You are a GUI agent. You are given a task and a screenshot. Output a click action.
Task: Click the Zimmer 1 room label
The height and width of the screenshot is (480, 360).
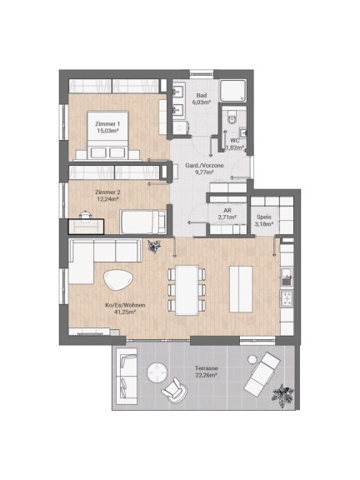[x=107, y=124]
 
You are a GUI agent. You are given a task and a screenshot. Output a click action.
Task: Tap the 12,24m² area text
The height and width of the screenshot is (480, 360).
[x=107, y=199]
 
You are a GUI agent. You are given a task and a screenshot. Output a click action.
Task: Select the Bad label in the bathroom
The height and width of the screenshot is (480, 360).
[x=202, y=96]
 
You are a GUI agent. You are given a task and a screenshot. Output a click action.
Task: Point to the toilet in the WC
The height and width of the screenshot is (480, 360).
[x=232, y=117]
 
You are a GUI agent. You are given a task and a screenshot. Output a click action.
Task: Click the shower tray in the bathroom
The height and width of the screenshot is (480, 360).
[x=233, y=91]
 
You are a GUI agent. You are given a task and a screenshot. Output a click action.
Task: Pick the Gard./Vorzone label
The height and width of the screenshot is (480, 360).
[x=204, y=165]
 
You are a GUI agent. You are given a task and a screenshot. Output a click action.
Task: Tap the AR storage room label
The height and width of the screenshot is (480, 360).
[x=227, y=211]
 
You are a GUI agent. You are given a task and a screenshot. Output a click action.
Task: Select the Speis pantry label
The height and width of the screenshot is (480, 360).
[x=264, y=217]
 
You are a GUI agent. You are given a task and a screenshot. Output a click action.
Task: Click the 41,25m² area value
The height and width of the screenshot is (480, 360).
[x=125, y=312]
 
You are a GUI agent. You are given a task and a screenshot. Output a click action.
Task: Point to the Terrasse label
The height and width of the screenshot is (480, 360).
[x=207, y=368]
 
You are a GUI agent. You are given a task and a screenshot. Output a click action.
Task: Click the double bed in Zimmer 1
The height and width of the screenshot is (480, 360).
[x=107, y=135]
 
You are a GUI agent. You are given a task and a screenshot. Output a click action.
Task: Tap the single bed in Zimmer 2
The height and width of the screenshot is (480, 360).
[x=142, y=222]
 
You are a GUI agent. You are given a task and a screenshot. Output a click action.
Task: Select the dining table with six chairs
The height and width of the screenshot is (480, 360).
[x=187, y=290]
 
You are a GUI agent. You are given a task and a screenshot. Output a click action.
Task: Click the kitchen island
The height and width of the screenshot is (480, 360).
[x=241, y=289]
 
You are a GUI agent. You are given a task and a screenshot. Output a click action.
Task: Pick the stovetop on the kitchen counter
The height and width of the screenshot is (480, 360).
[x=287, y=298]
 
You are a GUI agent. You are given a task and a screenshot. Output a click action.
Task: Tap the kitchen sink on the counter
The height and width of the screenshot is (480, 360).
[x=287, y=277]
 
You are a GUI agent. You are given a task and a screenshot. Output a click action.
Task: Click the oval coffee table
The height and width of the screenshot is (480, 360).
[x=118, y=279]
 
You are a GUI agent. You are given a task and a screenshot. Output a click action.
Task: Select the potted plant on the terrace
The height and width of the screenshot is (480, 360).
[x=282, y=396]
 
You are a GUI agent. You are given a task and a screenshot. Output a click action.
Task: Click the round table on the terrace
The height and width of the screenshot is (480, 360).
[x=157, y=372]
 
